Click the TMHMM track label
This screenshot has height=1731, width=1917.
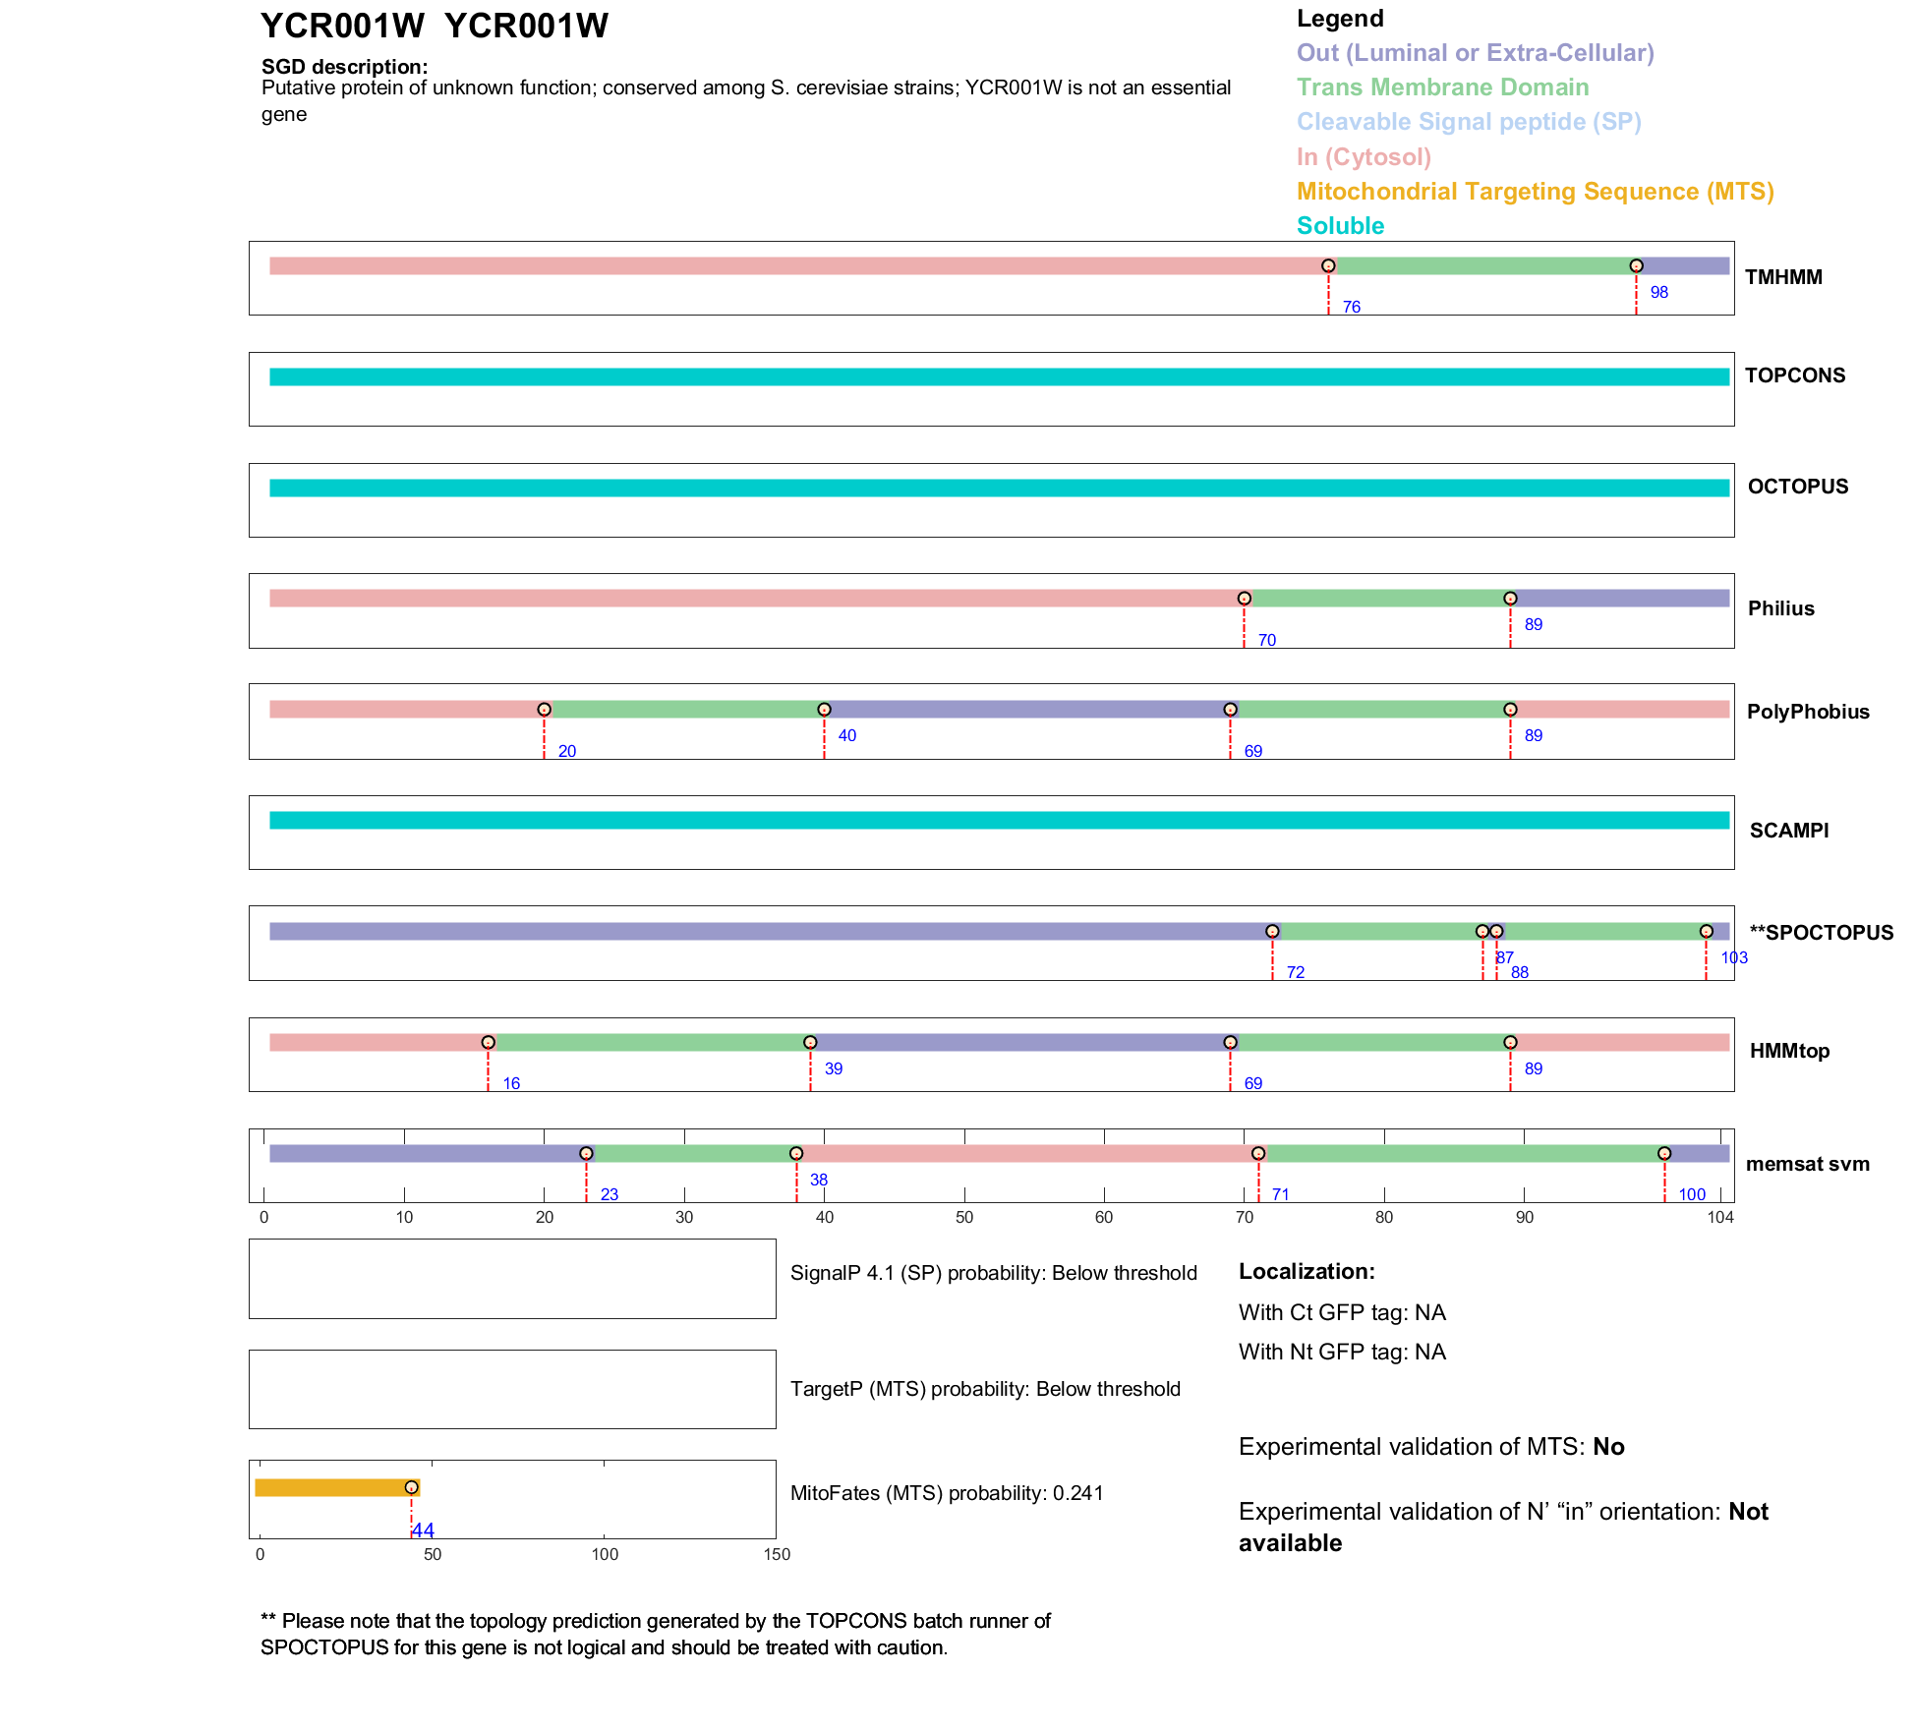[1783, 277]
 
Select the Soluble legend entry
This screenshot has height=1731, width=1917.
[1340, 226]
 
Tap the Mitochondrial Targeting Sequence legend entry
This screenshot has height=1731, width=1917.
[1535, 192]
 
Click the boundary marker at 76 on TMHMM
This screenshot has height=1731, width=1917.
[1328, 266]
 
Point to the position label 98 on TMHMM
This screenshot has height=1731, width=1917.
[1659, 292]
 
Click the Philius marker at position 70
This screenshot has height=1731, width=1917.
[1245, 599]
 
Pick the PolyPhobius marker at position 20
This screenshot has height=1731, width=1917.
[544, 710]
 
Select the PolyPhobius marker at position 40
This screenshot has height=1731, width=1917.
[824, 710]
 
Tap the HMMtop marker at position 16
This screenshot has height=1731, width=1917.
[489, 1042]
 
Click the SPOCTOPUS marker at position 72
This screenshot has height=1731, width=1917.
[1272, 931]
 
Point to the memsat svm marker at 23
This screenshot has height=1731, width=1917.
[586, 1153]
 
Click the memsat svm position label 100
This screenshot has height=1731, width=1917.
[1692, 1194]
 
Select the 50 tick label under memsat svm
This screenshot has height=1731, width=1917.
[964, 1218]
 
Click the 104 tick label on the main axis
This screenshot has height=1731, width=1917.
[1720, 1218]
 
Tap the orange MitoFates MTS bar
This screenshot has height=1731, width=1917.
[334, 1487]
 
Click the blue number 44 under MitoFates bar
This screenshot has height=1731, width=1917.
[423, 1530]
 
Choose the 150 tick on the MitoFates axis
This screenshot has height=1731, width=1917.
[777, 1554]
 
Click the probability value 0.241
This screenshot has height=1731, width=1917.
[1078, 1493]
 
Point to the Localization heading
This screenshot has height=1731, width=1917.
[1307, 1272]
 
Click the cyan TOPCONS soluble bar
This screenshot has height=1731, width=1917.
[999, 376]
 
